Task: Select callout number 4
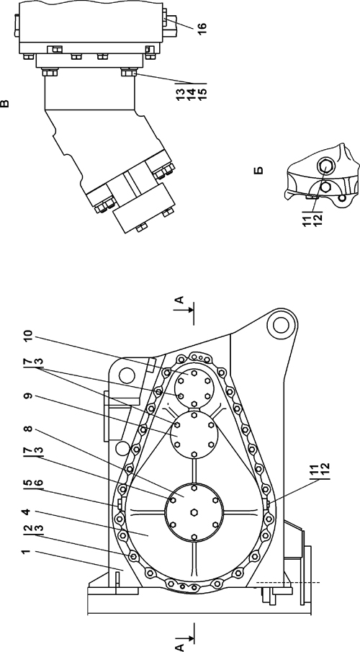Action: pos(27,513)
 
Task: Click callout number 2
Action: pos(27,529)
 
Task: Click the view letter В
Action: pos(4,102)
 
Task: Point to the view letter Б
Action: pos(259,171)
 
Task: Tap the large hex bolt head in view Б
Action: pos(325,166)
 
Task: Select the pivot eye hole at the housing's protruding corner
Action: pos(281,325)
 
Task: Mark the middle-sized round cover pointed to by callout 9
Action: pos(194,433)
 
